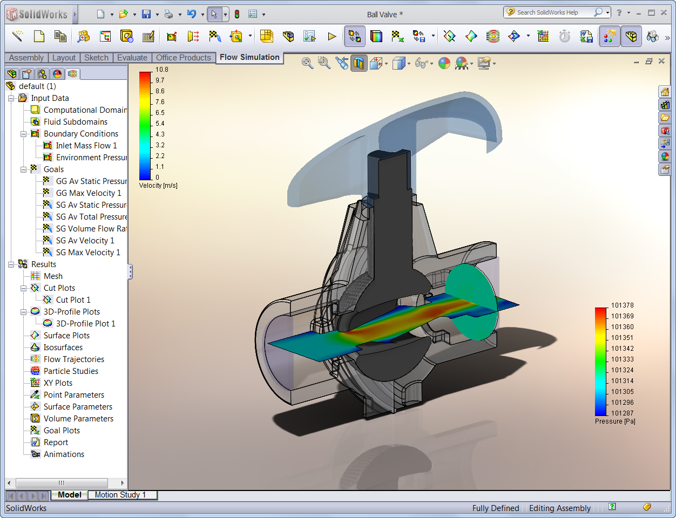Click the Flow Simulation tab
pyautogui.click(x=249, y=57)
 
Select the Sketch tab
pyautogui.click(x=96, y=58)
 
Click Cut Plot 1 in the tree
pyautogui.click(x=73, y=300)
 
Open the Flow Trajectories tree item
pyautogui.click(x=73, y=359)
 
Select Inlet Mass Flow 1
pyautogui.click(x=86, y=146)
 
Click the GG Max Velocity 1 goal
pyautogui.click(x=88, y=193)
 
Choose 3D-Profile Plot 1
pyautogui.click(x=85, y=324)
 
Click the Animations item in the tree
pyautogui.click(x=64, y=454)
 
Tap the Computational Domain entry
pyautogui.click(x=85, y=110)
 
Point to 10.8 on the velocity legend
pyautogui.click(x=161, y=70)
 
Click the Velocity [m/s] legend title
pyautogui.click(x=158, y=186)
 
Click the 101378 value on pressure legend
pyautogui.click(x=622, y=305)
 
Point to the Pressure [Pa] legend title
pyautogui.click(x=614, y=421)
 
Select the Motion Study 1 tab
pyautogui.click(x=120, y=495)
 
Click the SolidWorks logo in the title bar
pyautogui.click(x=37, y=15)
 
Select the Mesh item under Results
pyautogui.click(x=53, y=276)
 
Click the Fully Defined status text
pyautogui.click(x=495, y=508)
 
